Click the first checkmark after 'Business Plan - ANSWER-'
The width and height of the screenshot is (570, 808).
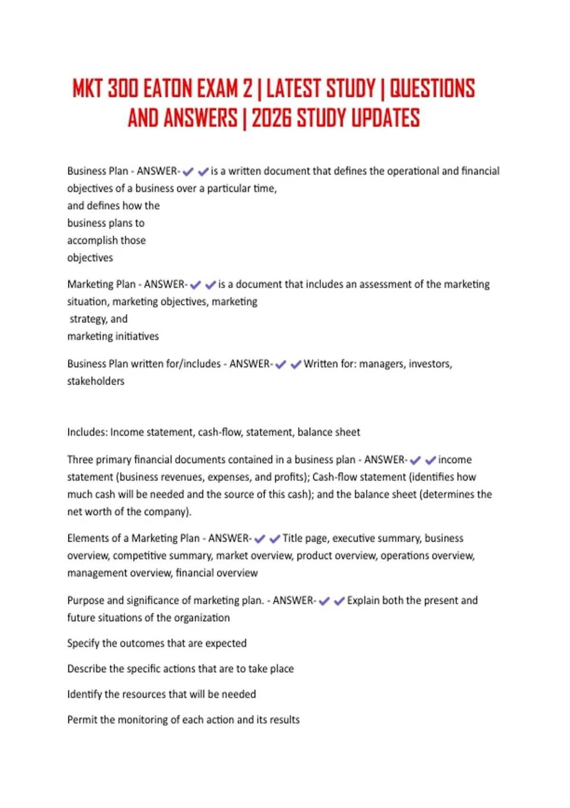(188, 172)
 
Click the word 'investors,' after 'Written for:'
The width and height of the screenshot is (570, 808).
(430, 364)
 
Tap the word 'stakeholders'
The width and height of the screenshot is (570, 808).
(95, 381)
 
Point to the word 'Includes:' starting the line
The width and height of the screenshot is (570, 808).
(87, 433)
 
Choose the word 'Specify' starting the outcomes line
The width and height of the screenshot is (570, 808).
(83, 644)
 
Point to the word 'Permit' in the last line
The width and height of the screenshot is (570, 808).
(82, 720)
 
